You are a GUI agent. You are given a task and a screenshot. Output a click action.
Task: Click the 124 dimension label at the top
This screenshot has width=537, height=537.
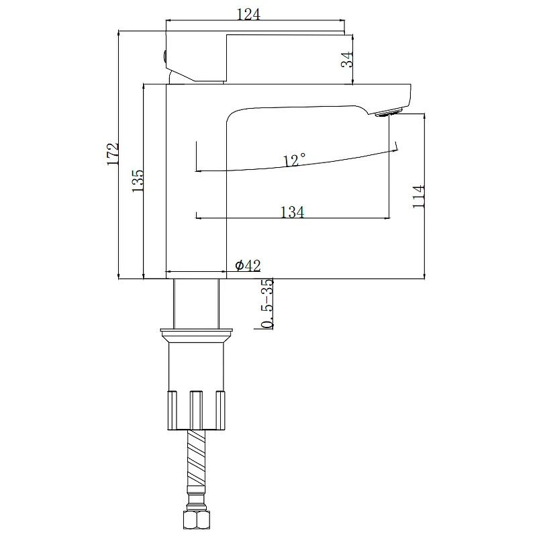pos(248,14)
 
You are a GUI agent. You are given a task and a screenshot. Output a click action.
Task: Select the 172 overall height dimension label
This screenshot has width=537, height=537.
pos(113,154)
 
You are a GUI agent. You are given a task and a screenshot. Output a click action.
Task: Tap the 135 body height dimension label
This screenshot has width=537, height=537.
pos(138,181)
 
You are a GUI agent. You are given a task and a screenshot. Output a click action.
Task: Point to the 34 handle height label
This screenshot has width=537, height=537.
pos(347,59)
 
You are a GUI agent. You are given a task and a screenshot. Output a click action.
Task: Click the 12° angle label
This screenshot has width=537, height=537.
pos(294,159)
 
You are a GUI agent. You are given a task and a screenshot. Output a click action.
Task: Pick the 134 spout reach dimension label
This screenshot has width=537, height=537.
pos(293,212)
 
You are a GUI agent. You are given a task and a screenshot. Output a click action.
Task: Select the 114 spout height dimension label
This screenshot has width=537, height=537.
pos(418,196)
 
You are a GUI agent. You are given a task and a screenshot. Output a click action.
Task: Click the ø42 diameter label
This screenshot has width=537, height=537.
pos(248,265)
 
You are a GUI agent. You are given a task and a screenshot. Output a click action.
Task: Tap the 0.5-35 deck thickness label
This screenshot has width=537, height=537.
pos(267,304)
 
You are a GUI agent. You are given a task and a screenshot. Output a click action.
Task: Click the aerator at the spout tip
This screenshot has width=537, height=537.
pos(389,112)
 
